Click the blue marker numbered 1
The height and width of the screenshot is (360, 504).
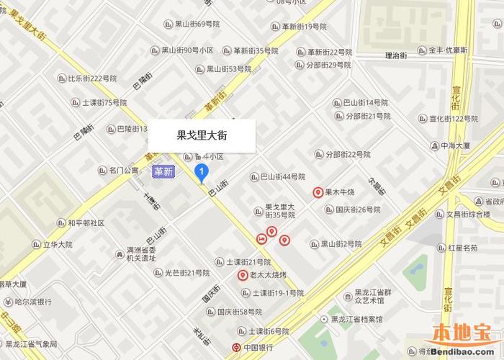point(202,171)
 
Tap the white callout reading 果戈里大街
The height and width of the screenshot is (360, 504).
point(202,134)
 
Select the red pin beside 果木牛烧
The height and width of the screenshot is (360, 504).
point(318,192)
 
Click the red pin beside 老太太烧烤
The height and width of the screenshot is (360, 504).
point(243,275)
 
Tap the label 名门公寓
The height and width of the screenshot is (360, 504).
point(118,171)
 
